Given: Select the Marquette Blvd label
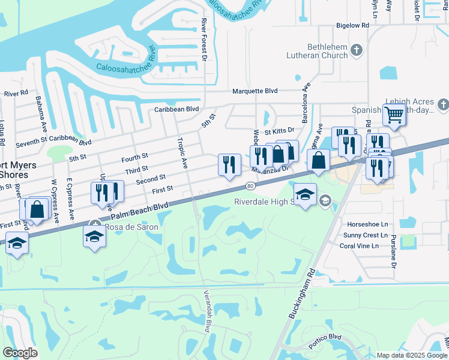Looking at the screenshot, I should click(x=255, y=91).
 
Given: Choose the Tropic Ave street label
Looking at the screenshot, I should click(x=182, y=152).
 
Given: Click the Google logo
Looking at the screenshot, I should click(x=20, y=353).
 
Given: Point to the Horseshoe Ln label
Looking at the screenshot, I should click(x=363, y=224).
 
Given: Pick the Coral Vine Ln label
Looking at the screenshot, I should click(x=359, y=246).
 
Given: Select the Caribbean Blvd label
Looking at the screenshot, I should click(x=176, y=109).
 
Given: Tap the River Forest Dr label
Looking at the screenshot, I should click(x=204, y=40).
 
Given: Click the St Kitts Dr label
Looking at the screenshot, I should click(x=280, y=130).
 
